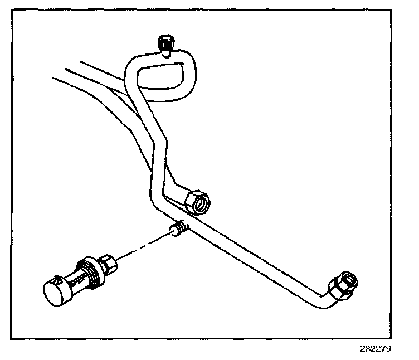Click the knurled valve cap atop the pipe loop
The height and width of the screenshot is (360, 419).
click(165, 42)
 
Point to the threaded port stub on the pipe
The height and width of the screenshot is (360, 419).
click(178, 229)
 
